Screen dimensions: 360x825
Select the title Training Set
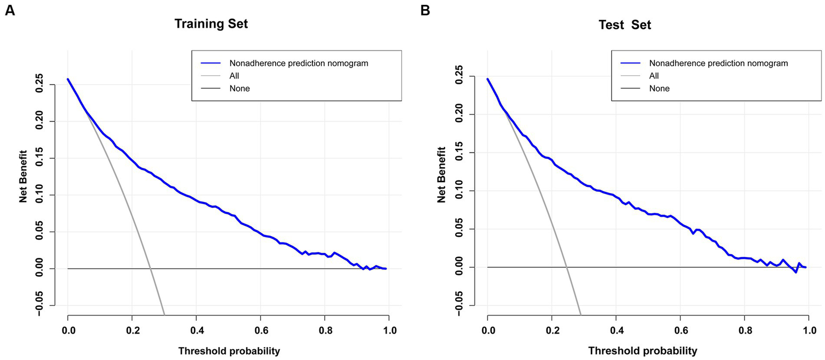tap(211, 24)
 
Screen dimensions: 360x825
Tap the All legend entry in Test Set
tap(654, 76)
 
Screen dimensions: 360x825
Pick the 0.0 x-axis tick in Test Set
tap(487, 330)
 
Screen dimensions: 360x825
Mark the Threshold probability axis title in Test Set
tap(643, 351)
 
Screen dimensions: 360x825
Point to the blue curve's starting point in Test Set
tap(487, 79)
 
